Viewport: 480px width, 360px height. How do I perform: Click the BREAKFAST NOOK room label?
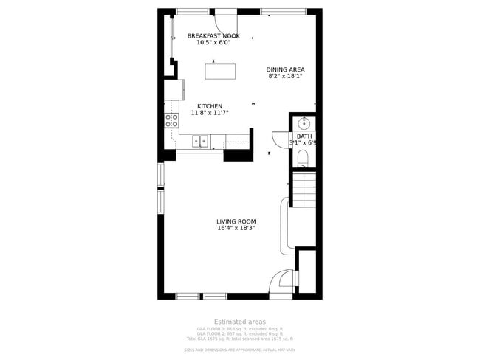click(x=213, y=35)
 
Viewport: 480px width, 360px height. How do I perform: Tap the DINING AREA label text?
click(x=285, y=69)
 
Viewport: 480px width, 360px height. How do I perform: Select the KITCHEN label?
click(x=209, y=106)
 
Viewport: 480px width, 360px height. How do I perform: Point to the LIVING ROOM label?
click(x=236, y=221)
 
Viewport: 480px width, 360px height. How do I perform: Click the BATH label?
click(x=304, y=136)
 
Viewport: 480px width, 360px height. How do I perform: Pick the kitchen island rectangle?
click(x=221, y=72)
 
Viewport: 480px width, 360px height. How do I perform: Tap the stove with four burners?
click(x=171, y=120)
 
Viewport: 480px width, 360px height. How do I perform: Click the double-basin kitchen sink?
click(x=200, y=140)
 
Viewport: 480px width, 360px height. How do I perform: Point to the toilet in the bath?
click(x=304, y=159)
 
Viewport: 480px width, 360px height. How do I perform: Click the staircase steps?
click(x=304, y=188)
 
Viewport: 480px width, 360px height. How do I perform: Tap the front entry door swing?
click(x=282, y=283)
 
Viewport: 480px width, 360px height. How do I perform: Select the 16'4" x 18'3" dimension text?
click(x=236, y=229)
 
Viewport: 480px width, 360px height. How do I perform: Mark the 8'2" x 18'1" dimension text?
click(x=285, y=76)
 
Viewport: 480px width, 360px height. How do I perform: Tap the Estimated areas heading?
click(x=240, y=322)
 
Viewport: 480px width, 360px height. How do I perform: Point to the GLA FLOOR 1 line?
click(x=240, y=328)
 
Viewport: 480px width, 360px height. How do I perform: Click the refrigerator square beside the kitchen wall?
click(x=174, y=89)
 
